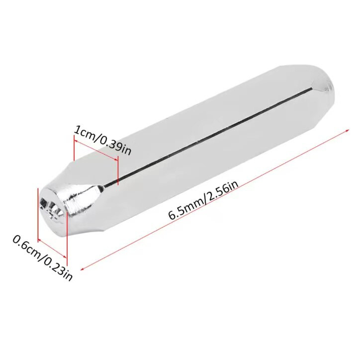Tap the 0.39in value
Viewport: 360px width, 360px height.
point(115,147)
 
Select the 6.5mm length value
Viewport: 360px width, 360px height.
point(185,207)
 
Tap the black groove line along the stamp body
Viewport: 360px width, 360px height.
point(209,137)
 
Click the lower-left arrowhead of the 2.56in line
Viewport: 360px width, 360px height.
point(83,269)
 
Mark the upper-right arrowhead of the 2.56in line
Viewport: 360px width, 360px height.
point(347,130)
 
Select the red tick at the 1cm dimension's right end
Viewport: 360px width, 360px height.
point(117,172)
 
